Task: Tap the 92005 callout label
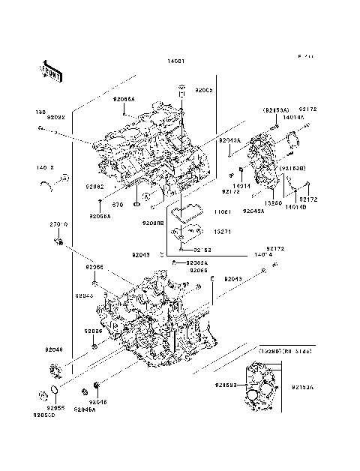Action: [205, 90]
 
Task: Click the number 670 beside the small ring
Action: [118, 203]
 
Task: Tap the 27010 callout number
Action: [59, 224]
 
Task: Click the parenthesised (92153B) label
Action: [294, 169]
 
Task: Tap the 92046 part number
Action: [98, 402]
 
